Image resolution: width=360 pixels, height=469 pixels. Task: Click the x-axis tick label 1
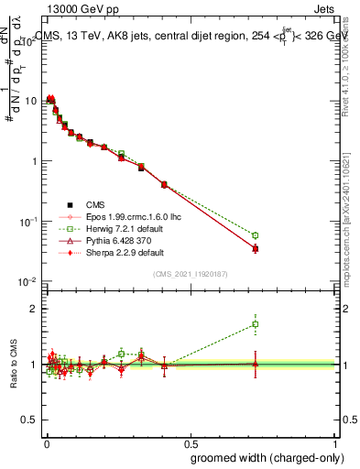tap(336, 442)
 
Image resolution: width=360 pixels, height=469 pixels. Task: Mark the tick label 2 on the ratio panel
tap(34, 309)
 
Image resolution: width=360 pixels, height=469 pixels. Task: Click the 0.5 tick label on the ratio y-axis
tap(29, 420)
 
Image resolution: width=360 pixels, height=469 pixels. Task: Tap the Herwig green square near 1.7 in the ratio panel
tap(256, 323)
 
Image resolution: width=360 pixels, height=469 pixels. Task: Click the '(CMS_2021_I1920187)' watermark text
tap(191, 274)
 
